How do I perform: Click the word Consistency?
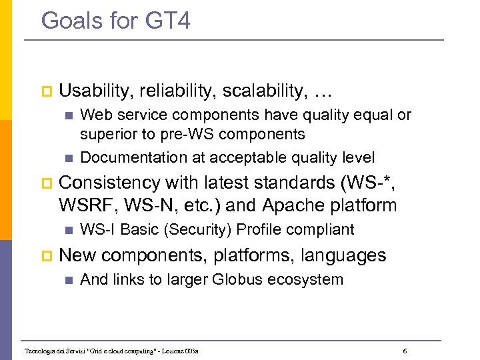(110, 183)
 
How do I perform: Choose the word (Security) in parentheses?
(199, 229)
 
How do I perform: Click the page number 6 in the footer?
(406, 350)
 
